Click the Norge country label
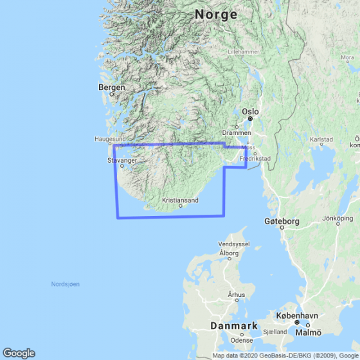[217, 14]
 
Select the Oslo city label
[250, 111]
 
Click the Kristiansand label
[181, 200]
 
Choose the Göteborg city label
[282, 221]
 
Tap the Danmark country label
[233, 326]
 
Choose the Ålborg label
[229, 253]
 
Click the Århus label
[237, 295]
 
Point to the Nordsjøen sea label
[66, 283]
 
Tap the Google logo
[19, 353]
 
